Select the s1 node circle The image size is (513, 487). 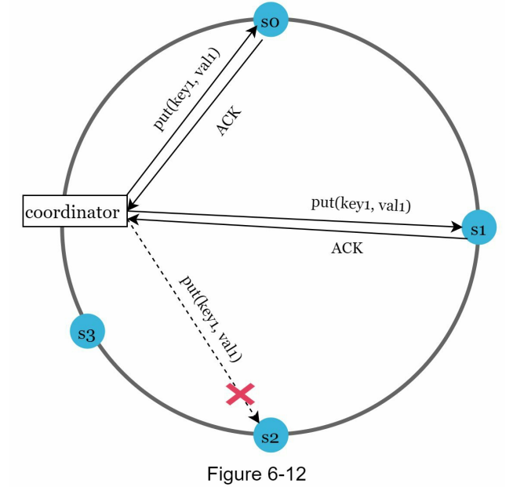[x=478, y=227]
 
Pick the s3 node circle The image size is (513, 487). [x=88, y=335]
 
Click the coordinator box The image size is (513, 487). [x=73, y=212]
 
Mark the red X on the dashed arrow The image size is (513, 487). [x=240, y=394]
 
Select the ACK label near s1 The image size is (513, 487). [x=347, y=249]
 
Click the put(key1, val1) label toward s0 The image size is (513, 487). [x=187, y=89]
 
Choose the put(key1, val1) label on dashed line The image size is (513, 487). [x=210, y=318]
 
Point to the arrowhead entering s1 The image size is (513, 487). [x=457, y=227]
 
